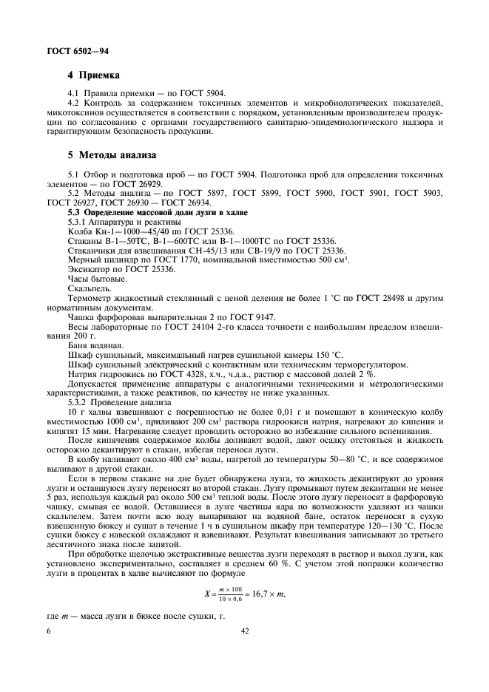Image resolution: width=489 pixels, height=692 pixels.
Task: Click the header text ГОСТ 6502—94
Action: pyautogui.click(x=65, y=49)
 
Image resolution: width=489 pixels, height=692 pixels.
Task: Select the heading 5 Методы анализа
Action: pyautogui.click(x=112, y=155)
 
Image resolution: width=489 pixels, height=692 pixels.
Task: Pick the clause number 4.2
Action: pyautogui.click(x=74, y=101)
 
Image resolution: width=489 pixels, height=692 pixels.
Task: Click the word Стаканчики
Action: pyautogui.click(x=93, y=250)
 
